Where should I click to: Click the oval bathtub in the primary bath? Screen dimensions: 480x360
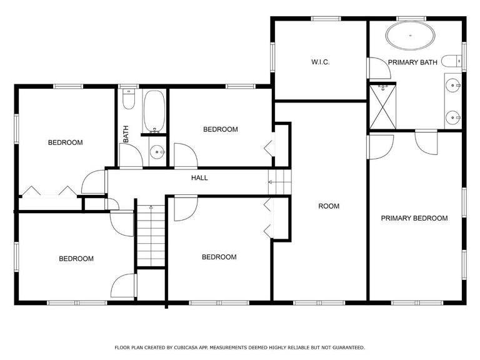[410, 36]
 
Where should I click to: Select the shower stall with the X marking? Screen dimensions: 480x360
[382, 107]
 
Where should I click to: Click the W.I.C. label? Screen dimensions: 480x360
[320, 62]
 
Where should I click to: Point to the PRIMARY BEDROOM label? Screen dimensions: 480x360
[414, 218]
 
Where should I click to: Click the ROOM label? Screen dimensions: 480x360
[329, 206]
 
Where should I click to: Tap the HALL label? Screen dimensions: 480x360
[199, 178]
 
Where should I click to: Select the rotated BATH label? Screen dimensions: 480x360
[126, 134]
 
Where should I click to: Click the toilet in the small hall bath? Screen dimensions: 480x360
[129, 99]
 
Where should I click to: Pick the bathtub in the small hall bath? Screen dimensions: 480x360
[154, 111]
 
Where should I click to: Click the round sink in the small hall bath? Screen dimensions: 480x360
[157, 152]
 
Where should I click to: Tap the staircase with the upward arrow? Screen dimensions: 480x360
[151, 236]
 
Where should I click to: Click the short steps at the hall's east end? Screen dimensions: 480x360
[279, 182]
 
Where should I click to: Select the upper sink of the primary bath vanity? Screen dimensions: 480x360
[452, 85]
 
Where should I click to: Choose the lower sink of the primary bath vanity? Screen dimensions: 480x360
[452, 117]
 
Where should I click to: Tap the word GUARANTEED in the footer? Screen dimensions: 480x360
[349, 347]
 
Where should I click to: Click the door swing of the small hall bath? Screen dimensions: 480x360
[131, 156]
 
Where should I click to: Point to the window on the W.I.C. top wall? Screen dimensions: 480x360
[326, 19]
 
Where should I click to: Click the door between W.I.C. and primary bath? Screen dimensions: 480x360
[379, 68]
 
